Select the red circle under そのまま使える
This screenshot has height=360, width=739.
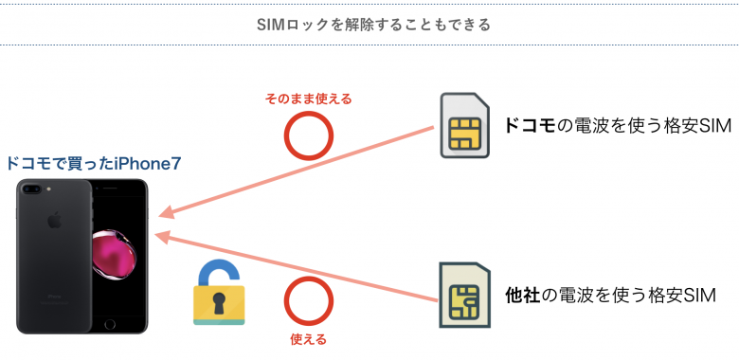309,138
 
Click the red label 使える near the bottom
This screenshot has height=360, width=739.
308,338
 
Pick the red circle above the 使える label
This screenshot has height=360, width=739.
309,302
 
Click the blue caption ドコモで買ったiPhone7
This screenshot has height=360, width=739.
93,163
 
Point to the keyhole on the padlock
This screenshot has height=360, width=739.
219,302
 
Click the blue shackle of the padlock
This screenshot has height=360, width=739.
214,269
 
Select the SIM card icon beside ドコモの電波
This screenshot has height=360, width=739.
465,126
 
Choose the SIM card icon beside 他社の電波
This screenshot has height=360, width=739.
465,297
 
